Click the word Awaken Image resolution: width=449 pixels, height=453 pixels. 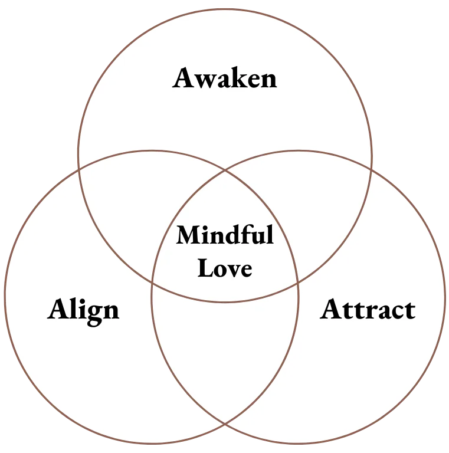(x=225, y=78)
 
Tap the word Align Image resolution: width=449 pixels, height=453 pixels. (x=83, y=310)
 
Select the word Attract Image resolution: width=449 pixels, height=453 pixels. (x=368, y=310)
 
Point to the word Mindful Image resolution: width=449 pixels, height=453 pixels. (x=225, y=236)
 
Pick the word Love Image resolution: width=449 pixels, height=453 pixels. (x=225, y=268)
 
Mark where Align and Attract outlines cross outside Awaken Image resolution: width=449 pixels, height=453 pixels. (x=225, y=424)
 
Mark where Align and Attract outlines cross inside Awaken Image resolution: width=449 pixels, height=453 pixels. (x=225, y=172)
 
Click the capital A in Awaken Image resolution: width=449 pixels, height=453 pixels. (x=183, y=78)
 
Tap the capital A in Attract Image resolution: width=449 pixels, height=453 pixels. (x=332, y=310)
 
